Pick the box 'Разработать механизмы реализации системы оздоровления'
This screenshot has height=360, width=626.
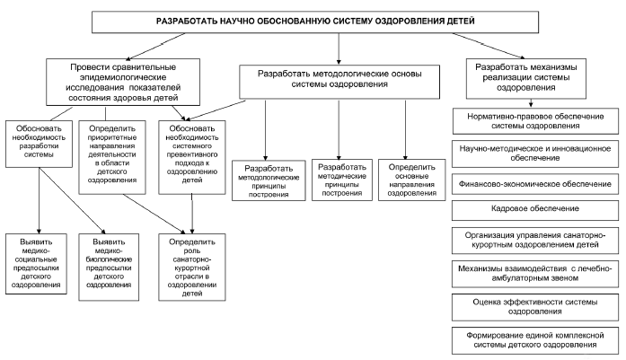[529, 79]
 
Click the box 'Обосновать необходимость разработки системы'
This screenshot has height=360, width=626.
[36, 141]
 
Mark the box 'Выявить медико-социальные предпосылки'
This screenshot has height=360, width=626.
[36, 264]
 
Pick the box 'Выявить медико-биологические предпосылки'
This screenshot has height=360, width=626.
[113, 264]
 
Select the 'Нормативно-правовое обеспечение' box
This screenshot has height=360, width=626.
[529, 121]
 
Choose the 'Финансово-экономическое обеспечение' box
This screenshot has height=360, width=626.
[529, 183]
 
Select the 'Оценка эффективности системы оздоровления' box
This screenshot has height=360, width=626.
[529, 307]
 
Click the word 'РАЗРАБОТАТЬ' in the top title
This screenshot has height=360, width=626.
[191, 19]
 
